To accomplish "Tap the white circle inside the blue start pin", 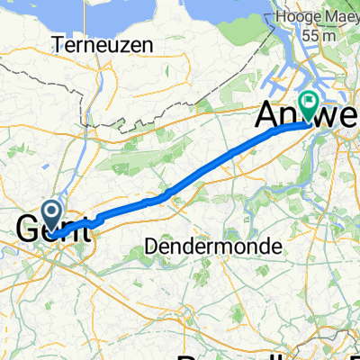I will tap(52, 212).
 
